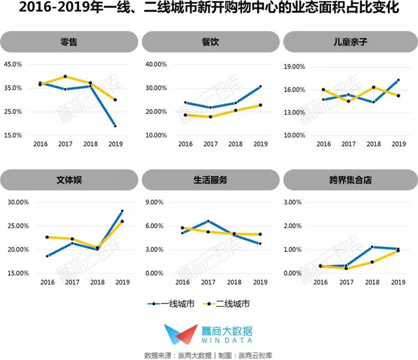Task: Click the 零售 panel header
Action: [69, 42]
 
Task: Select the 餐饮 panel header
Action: [211, 42]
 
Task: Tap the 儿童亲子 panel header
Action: [351, 42]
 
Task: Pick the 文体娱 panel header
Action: [69, 180]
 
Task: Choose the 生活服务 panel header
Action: [211, 180]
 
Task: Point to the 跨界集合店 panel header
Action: [351, 180]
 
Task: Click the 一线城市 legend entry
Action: [171, 304]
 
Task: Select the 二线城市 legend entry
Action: [227, 304]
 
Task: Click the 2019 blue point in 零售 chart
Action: [115, 126]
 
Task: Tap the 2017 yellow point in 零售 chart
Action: [65, 76]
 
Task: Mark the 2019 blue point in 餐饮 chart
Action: [260, 86]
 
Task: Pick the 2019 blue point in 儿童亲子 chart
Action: [398, 80]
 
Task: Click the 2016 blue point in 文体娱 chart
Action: [47, 256]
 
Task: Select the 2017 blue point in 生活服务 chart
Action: [208, 221]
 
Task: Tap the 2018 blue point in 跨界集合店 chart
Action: [372, 247]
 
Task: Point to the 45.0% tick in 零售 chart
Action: [13, 64]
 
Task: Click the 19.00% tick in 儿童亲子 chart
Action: [294, 66]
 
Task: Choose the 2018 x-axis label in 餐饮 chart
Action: [236, 144]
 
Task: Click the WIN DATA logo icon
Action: [181, 334]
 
